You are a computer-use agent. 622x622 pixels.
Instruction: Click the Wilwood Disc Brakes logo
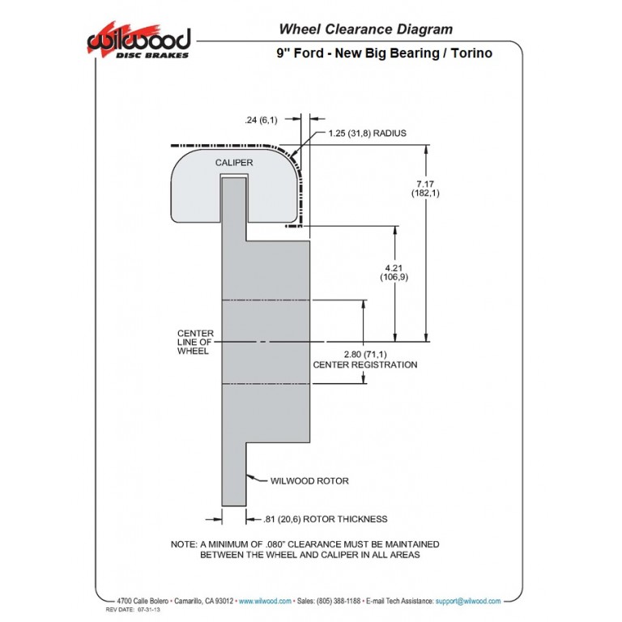click(x=138, y=40)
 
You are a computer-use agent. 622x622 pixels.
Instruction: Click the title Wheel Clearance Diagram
click(x=365, y=29)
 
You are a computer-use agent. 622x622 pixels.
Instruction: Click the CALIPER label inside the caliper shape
click(x=234, y=162)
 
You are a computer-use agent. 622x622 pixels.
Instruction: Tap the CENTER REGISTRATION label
click(x=365, y=364)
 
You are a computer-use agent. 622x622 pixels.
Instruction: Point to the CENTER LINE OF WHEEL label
click(x=195, y=342)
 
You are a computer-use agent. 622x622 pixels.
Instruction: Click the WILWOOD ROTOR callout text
click(x=309, y=481)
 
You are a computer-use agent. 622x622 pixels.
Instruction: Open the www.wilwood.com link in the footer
click(x=265, y=601)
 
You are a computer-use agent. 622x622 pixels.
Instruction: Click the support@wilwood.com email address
click(x=468, y=601)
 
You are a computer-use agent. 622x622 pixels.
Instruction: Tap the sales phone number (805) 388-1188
click(x=338, y=601)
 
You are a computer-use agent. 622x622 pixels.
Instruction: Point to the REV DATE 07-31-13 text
click(x=133, y=609)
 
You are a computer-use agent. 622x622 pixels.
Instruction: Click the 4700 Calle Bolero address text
click(x=143, y=601)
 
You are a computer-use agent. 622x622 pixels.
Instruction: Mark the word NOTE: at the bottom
click(x=184, y=544)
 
